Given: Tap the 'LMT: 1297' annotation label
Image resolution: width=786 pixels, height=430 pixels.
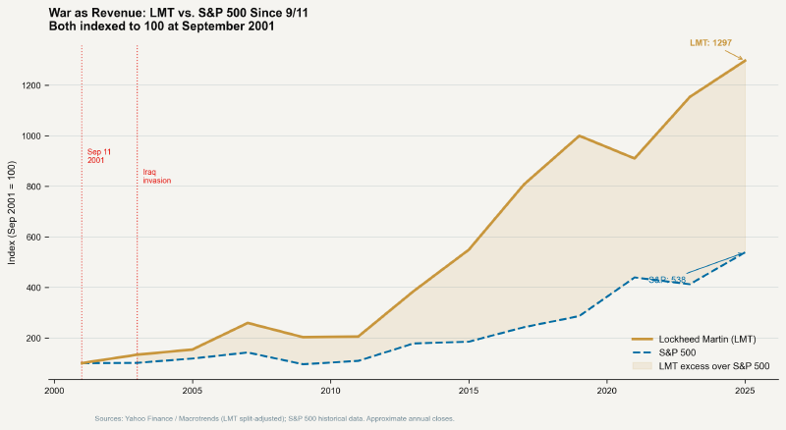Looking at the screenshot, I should pos(710,43).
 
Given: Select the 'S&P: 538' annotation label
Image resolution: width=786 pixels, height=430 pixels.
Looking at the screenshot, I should pos(666,280).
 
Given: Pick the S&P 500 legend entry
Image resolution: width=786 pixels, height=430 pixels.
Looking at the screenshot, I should pos(677,351).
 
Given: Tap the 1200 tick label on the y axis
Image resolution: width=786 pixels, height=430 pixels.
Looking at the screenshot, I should pos(32,85).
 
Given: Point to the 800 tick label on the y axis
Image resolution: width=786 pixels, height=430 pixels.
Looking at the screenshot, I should pos(34,187).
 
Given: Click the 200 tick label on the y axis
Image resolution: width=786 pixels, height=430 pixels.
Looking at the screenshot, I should pos(34,339).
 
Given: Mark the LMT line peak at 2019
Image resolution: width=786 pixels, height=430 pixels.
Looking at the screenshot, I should pos(580,135).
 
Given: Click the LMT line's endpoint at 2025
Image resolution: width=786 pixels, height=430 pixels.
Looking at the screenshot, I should pos(745,61).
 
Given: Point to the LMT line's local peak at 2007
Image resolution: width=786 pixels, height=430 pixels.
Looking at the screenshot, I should pos(248,323).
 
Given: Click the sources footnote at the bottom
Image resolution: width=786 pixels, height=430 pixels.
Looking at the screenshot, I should pos(274,419).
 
